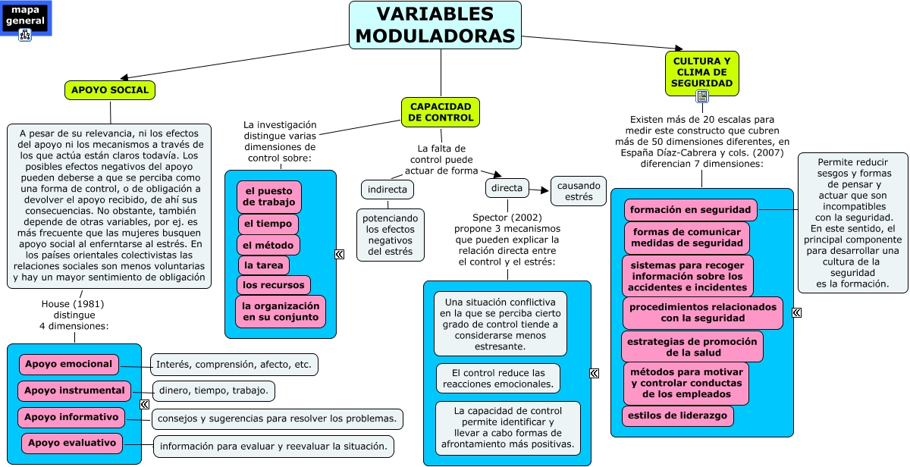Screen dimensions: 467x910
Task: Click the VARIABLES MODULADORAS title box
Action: click(x=435, y=25)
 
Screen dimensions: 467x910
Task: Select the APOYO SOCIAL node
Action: click(x=110, y=90)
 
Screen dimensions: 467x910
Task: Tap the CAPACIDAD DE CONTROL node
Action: click(x=441, y=112)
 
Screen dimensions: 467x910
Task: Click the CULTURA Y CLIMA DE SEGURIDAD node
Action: click(x=701, y=72)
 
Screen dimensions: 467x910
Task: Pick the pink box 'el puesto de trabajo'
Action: click(x=269, y=197)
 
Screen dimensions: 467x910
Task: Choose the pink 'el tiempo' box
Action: click(x=268, y=224)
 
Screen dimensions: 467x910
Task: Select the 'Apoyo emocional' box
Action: click(x=68, y=365)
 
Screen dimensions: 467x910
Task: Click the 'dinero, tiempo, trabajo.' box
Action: click(x=214, y=391)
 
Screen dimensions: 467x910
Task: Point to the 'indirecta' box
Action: click(x=387, y=189)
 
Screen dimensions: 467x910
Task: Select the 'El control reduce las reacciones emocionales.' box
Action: click(x=498, y=378)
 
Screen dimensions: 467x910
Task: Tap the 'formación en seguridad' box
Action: click(x=690, y=209)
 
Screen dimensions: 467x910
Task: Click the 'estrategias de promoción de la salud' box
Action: click(x=692, y=346)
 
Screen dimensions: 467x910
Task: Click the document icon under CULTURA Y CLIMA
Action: click(x=702, y=96)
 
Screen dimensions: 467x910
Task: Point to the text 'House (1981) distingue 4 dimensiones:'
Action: click(x=74, y=315)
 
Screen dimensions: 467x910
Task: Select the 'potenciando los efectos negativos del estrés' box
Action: click(x=391, y=235)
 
